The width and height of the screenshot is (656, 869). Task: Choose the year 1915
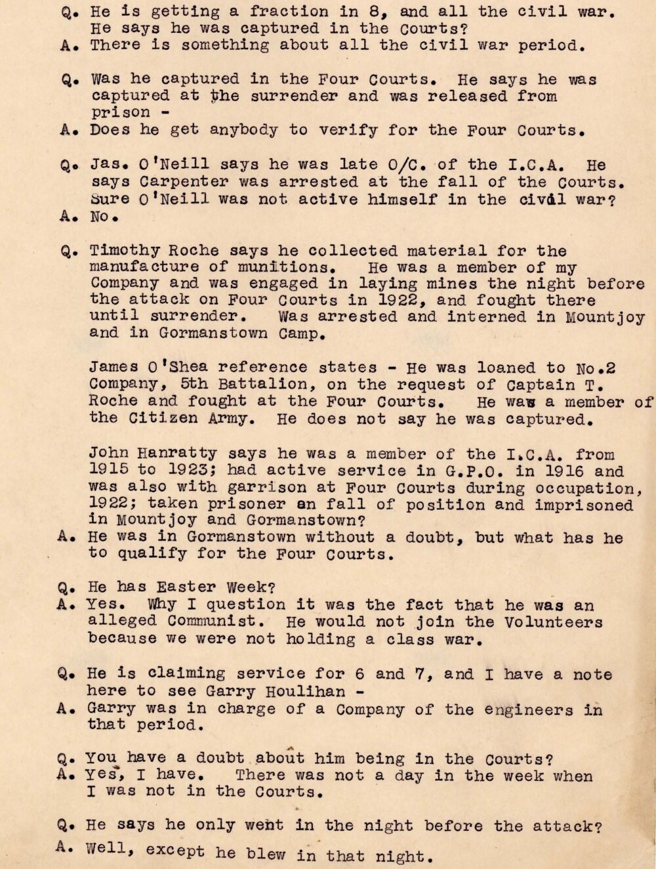click(x=105, y=471)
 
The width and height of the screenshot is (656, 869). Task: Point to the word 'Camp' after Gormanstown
click(x=295, y=333)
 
